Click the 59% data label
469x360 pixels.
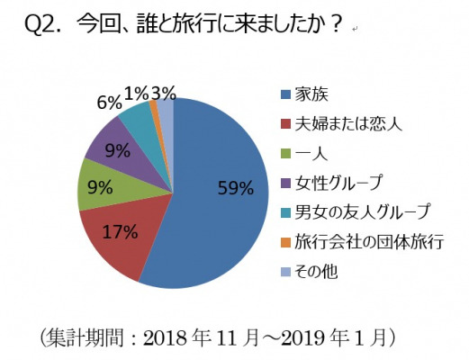[x=236, y=188]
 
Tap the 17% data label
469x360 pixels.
[x=120, y=231]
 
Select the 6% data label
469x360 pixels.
[x=109, y=103]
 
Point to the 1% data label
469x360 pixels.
[x=136, y=94]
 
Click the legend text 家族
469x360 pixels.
[x=311, y=94]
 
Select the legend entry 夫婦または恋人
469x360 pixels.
[x=348, y=124]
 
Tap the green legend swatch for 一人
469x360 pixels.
[x=285, y=154]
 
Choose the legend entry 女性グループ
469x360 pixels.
[x=338, y=183]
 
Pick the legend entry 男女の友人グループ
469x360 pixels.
[x=362, y=212]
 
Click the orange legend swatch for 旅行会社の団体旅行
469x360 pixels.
[x=285, y=242]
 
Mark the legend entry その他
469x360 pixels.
[x=316, y=272]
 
